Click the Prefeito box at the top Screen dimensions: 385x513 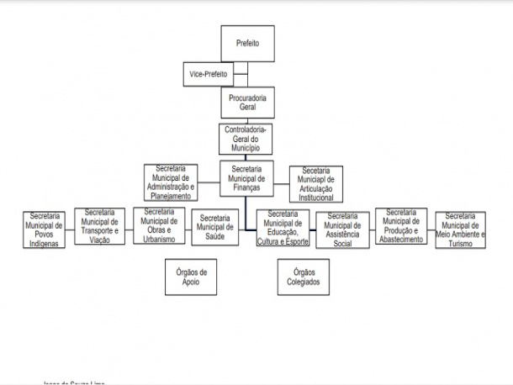(x=247, y=43)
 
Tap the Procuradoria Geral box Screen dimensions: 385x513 (x=247, y=103)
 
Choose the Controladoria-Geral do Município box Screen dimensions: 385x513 (x=247, y=137)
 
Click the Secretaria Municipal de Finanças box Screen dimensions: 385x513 (x=247, y=178)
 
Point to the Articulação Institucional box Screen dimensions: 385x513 (x=315, y=184)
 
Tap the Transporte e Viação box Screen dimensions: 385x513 (x=101, y=225)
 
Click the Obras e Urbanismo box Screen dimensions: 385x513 (x=159, y=225)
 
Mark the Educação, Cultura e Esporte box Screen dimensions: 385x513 (x=283, y=229)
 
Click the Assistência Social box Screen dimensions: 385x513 (x=342, y=230)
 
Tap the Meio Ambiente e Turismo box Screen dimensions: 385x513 (x=461, y=229)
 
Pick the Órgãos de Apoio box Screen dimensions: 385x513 (x=191, y=277)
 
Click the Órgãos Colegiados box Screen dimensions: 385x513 (x=304, y=277)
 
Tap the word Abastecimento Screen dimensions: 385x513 (x=402, y=238)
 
